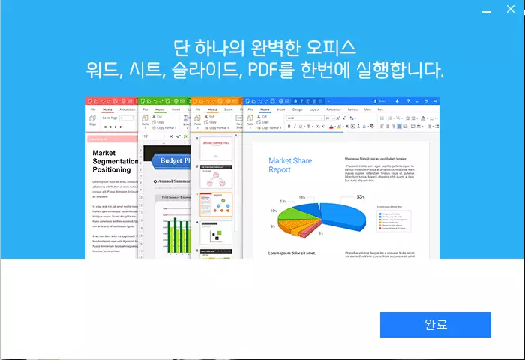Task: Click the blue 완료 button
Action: point(435,325)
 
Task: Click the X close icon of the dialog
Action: point(510,11)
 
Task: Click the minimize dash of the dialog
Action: point(487,11)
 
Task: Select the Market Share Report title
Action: point(289,165)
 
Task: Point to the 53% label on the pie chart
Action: point(361,197)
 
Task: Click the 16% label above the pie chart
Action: point(301,197)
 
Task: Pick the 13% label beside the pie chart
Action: point(283,202)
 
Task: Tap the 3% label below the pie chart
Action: point(320,233)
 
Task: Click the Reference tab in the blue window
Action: point(333,109)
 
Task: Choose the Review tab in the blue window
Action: point(352,109)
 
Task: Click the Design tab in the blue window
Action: point(297,109)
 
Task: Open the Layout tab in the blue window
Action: point(314,109)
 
